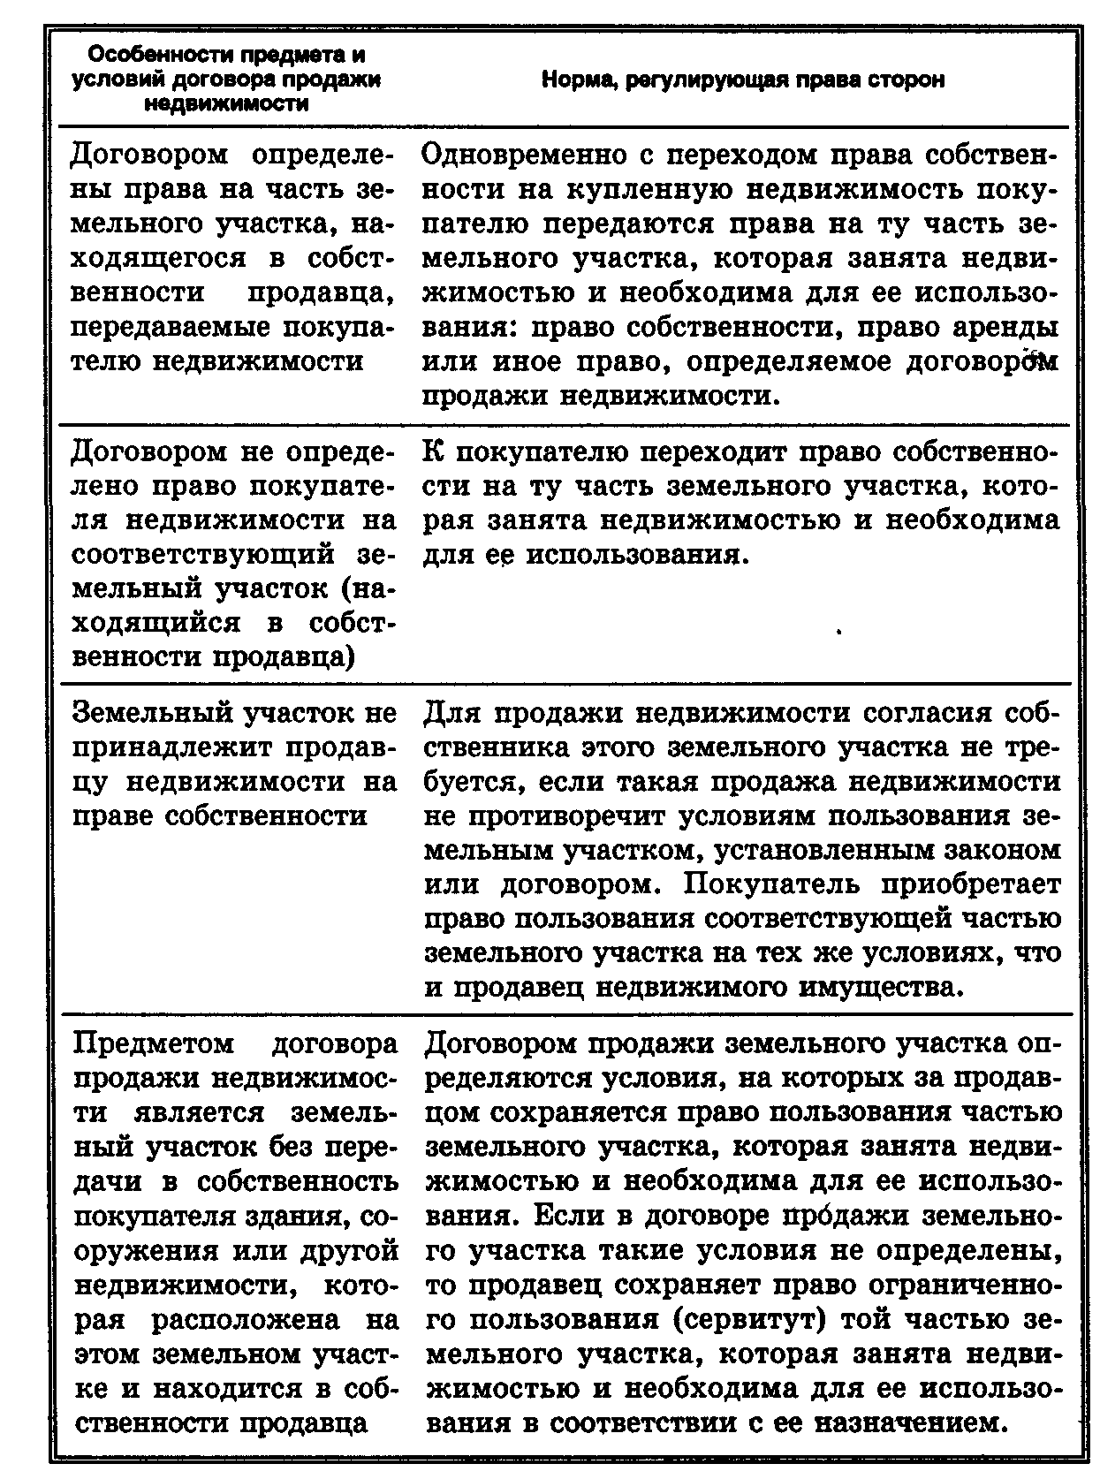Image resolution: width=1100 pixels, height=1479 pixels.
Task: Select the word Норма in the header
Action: click(x=579, y=80)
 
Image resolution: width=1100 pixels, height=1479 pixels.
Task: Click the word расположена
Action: click(x=245, y=1319)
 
